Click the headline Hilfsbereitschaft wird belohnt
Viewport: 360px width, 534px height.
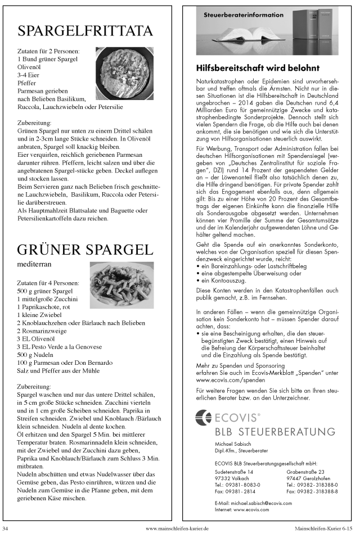258,68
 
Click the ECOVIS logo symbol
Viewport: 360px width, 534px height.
203,417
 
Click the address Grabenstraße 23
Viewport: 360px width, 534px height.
305,471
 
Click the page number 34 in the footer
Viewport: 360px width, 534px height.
5,528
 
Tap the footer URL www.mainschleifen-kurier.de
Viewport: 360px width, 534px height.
178,528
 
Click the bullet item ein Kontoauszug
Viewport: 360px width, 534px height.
227,279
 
